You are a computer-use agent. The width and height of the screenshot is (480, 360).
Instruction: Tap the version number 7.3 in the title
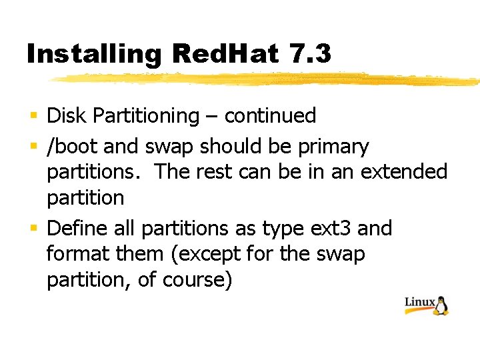(311, 53)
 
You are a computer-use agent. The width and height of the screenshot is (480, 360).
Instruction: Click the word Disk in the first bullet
(67, 116)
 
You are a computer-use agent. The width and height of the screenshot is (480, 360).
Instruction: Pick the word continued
(270, 116)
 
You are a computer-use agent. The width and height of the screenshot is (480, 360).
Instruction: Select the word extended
(404, 171)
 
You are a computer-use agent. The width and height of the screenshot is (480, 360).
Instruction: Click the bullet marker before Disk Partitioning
(34, 117)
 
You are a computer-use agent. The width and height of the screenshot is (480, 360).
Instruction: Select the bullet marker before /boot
(34, 147)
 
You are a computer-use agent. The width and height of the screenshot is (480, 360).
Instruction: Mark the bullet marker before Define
(34, 229)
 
